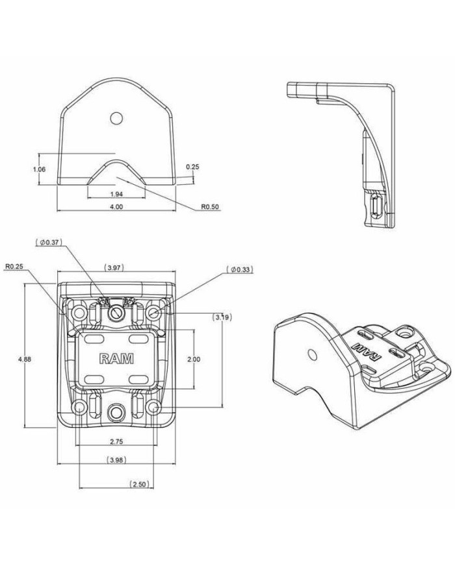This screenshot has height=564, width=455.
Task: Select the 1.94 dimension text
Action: coord(117,195)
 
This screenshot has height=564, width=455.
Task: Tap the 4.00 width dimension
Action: coord(116,206)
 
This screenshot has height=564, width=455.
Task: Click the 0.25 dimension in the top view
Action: coord(192,167)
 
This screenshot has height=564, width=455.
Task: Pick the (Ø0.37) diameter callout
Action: coord(50,242)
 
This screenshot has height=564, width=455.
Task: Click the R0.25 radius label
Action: coord(14,266)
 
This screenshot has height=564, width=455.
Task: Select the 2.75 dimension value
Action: coord(117,441)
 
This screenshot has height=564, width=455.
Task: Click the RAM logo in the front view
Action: coord(116,358)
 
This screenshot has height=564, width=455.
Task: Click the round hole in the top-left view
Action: coord(116,117)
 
